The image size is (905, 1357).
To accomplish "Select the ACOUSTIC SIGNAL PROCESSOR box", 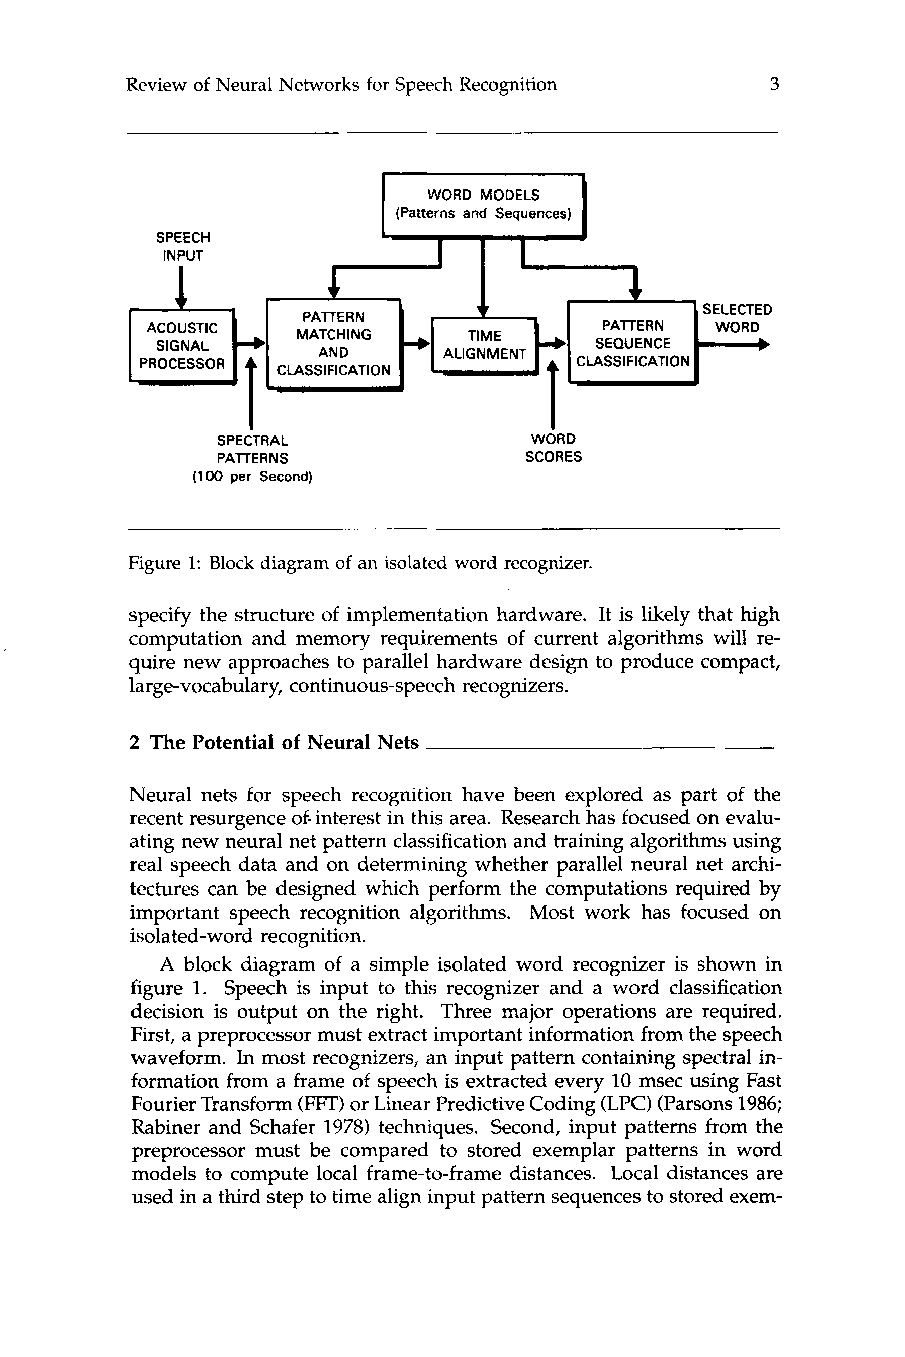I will (182, 346).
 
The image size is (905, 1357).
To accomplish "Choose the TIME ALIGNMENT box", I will (484, 345).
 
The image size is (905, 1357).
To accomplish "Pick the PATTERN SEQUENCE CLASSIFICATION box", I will (632, 343).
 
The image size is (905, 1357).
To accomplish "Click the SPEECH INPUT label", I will (183, 246).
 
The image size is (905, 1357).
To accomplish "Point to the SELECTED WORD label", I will (737, 319).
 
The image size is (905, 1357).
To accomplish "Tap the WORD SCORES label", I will (553, 448).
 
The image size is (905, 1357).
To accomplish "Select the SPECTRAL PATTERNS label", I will (252, 449).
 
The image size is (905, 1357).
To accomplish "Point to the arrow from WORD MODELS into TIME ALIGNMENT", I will (484, 277).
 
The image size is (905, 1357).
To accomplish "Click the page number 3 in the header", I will (775, 85).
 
